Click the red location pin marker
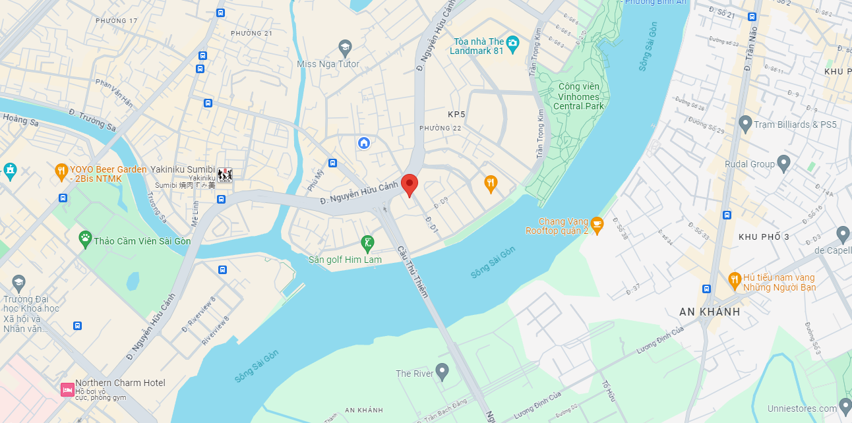coord(410,184)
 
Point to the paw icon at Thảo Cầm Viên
coord(85,239)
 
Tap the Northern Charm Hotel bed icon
coord(67,389)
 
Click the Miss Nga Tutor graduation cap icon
coord(344,47)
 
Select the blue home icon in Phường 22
coord(363,143)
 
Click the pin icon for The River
coord(442,372)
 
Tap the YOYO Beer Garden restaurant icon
coord(61,171)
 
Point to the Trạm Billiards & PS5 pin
coord(745,123)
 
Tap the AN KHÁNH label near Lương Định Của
coord(710,312)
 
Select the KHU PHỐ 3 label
coord(764,237)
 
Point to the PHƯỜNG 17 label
coord(117,21)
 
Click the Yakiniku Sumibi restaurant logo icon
coord(225,175)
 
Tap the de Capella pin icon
coord(842,234)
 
